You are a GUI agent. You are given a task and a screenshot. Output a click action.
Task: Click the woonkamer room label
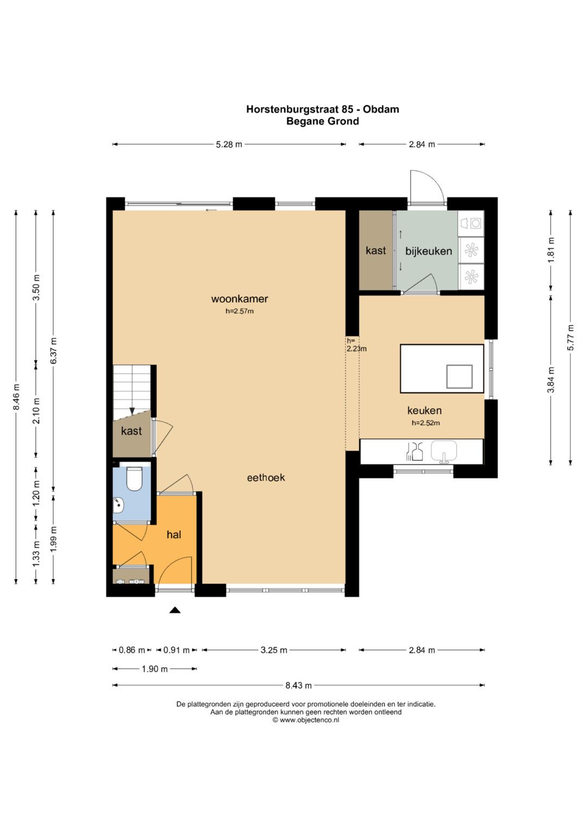[x=239, y=299]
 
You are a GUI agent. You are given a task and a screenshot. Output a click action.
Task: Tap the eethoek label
[x=266, y=477]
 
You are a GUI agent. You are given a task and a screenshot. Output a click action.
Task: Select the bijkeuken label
[x=429, y=251]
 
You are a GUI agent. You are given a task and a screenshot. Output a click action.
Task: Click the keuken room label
[x=424, y=410]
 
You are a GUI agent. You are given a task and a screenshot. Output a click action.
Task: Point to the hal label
[x=174, y=534]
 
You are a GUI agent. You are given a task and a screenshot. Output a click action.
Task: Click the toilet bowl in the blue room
[x=134, y=478]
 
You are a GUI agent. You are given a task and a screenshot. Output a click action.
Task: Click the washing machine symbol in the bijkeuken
[x=471, y=223]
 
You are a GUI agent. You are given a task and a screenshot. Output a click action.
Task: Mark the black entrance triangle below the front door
[x=175, y=610]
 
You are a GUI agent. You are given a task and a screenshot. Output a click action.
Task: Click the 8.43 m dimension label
[x=298, y=686]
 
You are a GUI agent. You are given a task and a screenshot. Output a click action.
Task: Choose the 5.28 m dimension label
[x=229, y=144]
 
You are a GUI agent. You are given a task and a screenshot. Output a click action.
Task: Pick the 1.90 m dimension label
[x=155, y=669]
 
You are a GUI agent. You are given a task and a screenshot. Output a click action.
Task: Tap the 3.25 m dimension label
[x=274, y=650]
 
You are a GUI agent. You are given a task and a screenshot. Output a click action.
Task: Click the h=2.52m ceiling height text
[x=426, y=423]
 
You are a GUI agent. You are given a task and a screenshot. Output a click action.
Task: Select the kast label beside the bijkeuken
[x=375, y=251]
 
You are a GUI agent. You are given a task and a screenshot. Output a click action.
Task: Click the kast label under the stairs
[x=131, y=431]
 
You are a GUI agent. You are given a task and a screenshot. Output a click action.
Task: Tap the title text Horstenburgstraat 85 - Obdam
[x=323, y=109]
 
